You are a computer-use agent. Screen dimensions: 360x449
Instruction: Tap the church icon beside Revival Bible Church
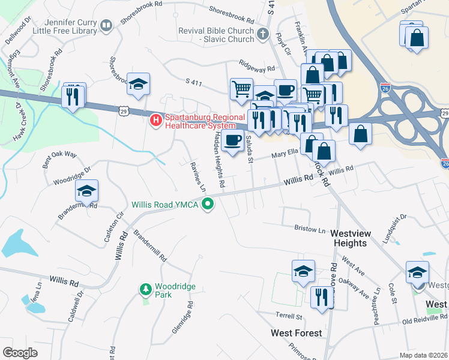point(262,34)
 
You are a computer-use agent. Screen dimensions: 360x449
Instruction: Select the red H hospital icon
point(155,121)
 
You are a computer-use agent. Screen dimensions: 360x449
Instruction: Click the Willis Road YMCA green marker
point(208,205)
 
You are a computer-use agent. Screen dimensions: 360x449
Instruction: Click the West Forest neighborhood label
point(297,333)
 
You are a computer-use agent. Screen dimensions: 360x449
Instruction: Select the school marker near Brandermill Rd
point(86,191)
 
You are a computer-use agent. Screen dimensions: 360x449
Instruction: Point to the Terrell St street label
point(289,316)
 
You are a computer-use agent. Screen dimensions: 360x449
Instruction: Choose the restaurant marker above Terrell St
point(322,296)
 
